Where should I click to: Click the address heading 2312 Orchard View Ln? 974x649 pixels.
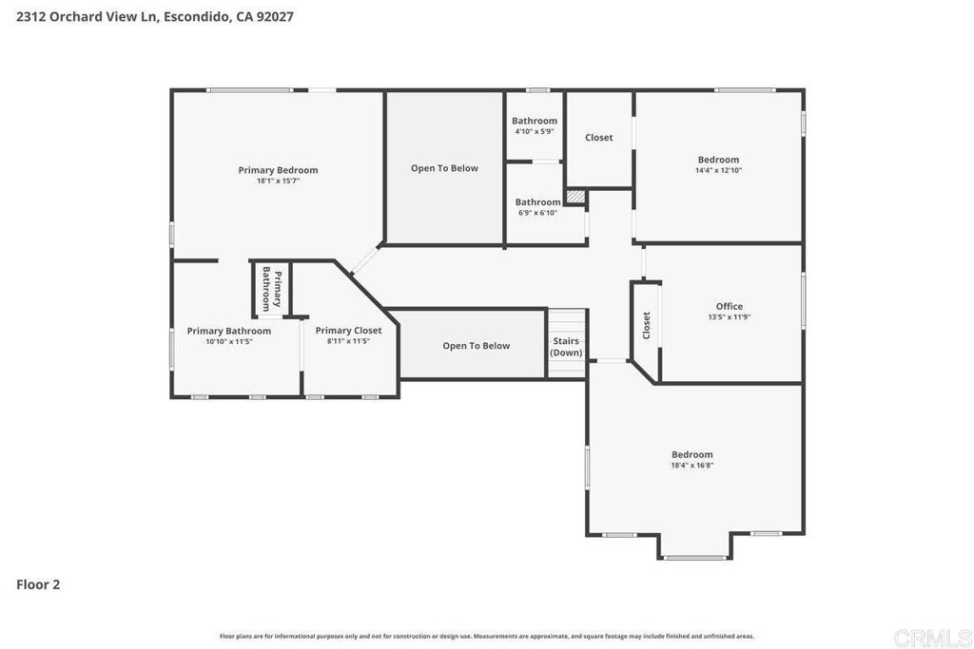coord(88,17)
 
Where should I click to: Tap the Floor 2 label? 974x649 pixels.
coord(38,584)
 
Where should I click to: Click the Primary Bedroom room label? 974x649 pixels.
coord(278,170)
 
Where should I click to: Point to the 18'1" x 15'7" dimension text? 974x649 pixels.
coord(278,181)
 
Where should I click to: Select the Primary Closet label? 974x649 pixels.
coord(348,331)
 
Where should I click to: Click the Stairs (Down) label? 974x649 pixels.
coord(567,347)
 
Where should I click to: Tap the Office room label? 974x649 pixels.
coord(730,306)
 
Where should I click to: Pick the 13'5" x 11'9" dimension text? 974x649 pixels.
coord(730,316)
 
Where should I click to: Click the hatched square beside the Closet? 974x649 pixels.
coord(575,196)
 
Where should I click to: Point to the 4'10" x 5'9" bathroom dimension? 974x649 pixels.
coord(535,131)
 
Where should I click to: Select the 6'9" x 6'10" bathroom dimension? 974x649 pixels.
coord(538,213)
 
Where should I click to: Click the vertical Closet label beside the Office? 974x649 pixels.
coord(646,325)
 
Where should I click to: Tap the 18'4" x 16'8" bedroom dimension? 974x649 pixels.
coord(692,465)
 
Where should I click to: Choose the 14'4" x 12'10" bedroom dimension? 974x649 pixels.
coord(719,170)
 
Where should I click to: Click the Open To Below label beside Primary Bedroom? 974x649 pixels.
coord(445,168)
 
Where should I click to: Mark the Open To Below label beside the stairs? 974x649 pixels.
coord(477,346)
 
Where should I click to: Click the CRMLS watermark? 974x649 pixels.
coord(932,638)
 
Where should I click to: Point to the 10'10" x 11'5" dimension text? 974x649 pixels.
coord(229,341)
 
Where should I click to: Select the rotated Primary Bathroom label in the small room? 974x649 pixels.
coord(271,289)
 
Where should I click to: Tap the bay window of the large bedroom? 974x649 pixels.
coord(695,558)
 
